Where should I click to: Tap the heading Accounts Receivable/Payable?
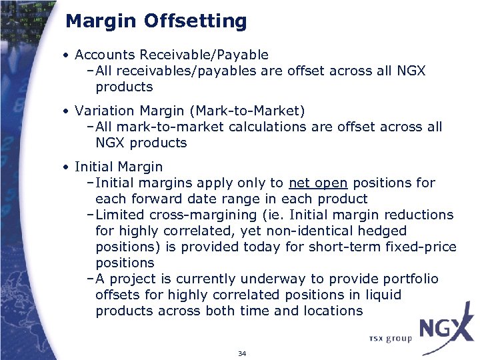171,55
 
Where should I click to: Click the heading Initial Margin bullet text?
119,167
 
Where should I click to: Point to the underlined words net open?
319,183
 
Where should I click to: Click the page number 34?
241,353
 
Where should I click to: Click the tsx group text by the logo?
390,338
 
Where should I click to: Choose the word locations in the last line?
328,311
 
